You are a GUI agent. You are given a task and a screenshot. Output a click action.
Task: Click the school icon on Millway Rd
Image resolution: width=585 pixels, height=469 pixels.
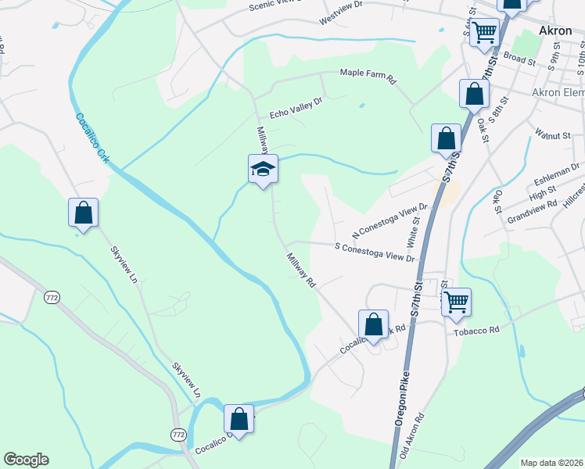click(x=263, y=169)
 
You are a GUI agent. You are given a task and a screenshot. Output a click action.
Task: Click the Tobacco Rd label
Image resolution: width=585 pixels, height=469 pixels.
click(x=476, y=331)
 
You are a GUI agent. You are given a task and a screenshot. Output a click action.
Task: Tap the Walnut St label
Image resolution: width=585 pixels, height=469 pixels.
click(x=553, y=135)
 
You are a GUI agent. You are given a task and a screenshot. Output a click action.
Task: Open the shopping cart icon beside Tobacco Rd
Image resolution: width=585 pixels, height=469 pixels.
click(x=456, y=301)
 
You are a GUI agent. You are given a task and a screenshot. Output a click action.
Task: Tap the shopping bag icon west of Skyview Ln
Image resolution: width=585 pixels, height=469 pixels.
click(x=83, y=212)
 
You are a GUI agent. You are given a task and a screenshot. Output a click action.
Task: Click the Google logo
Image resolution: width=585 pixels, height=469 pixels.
click(x=26, y=459)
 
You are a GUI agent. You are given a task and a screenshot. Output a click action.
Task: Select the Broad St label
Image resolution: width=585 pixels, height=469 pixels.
click(x=519, y=57)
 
